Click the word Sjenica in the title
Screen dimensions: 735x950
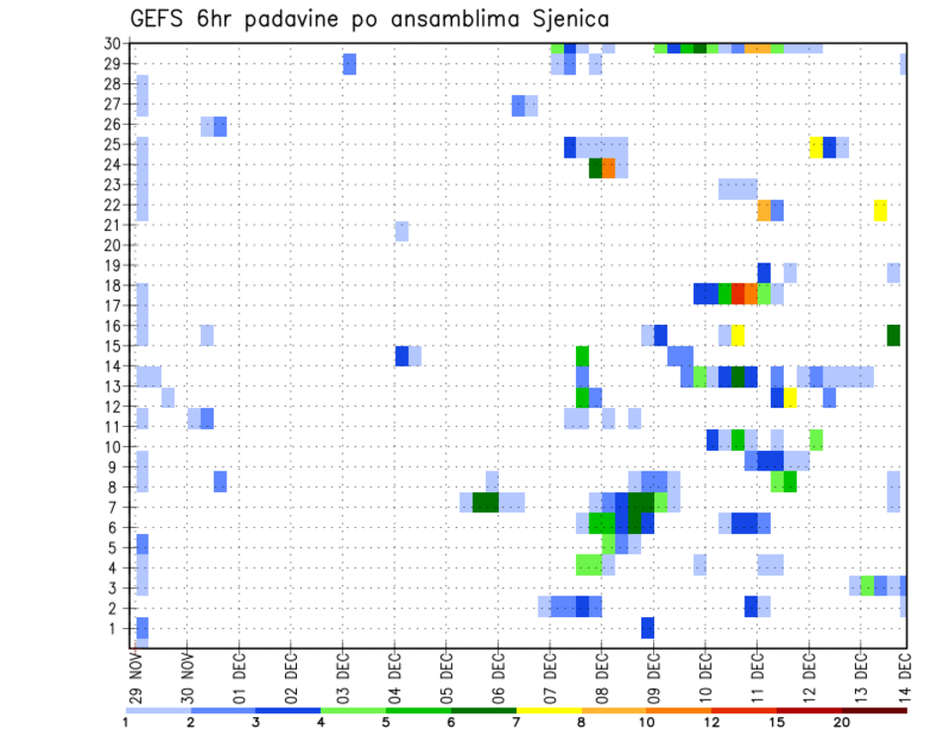[x=565, y=18]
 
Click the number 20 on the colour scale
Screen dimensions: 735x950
[x=841, y=722]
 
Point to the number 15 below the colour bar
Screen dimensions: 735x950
[x=777, y=722]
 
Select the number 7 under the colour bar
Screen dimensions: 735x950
[x=517, y=722]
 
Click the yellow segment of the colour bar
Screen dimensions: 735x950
[x=548, y=710]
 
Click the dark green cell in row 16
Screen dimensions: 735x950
[x=894, y=335]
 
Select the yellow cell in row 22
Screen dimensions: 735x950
[x=881, y=210]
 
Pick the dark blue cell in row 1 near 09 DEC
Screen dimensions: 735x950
[x=647, y=628]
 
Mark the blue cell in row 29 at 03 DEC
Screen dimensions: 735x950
[x=349, y=64]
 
